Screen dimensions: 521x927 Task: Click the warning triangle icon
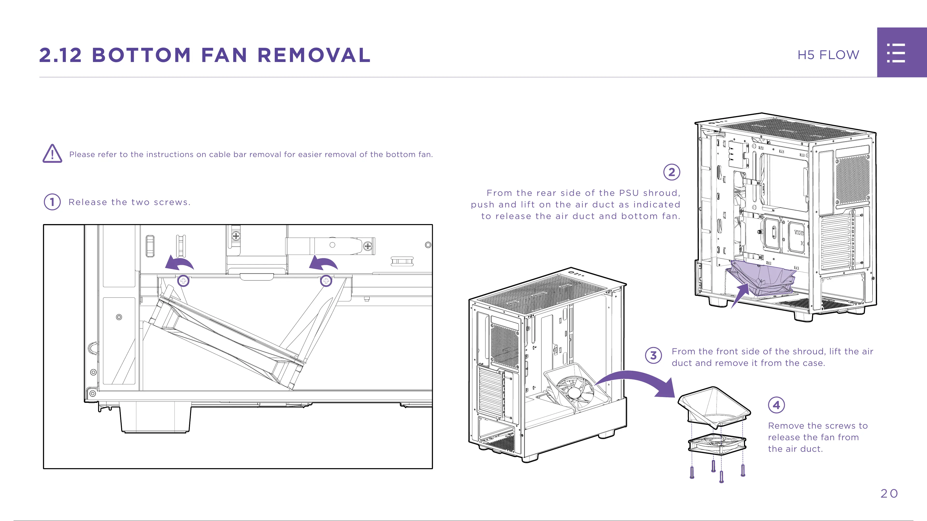pyautogui.click(x=52, y=154)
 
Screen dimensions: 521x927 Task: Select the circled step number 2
pyautogui.click(x=672, y=172)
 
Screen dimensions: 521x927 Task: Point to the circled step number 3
pyautogui.click(x=653, y=355)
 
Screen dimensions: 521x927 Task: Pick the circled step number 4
pyautogui.click(x=776, y=405)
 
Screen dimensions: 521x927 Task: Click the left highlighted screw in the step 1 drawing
pyautogui.click(x=183, y=281)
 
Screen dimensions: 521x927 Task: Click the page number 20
pyautogui.click(x=889, y=493)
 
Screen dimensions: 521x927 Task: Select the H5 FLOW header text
pyautogui.click(x=828, y=55)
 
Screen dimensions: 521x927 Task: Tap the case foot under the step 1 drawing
pyautogui.click(x=155, y=417)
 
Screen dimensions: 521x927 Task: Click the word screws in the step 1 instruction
pyautogui.click(x=171, y=202)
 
